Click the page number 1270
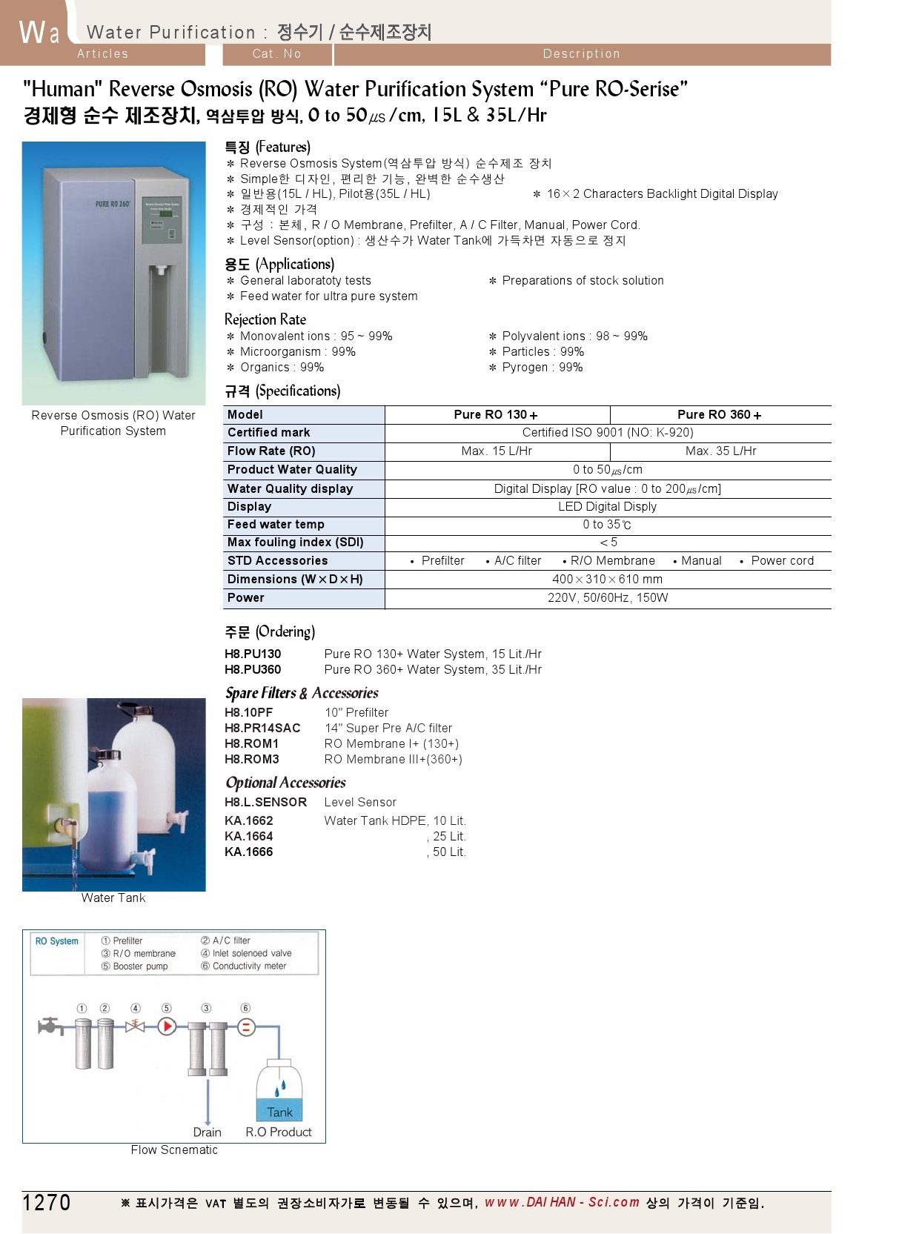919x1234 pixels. tap(47, 1202)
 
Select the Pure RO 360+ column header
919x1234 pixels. tap(719, 415)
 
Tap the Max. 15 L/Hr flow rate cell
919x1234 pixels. tap(497, 451)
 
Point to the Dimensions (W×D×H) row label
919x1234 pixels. tap(295, 580)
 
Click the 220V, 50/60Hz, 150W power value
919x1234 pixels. tap(608, 598)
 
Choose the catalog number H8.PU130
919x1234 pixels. tap(253, 654)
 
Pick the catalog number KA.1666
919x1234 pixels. tap(249, 852)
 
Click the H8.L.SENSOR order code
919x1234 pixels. tap(265, 803)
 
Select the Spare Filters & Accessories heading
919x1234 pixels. tap(302, 694)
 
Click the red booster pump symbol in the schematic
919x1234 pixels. tap(167, 1026)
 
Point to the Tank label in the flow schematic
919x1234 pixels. tap(280, 1112)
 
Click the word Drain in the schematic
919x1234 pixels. tap(208, 1132)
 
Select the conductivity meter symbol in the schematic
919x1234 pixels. tap(246, 1027)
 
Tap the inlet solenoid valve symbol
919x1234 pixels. tap(135, 1026)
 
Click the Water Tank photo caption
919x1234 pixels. tap(113, 898)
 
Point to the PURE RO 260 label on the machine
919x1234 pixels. tap(113, 204)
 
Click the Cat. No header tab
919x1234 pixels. tap(276, 54)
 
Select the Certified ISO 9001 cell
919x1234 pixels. tap(608, 433)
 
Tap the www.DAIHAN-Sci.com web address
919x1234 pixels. tap(562, 1202)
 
